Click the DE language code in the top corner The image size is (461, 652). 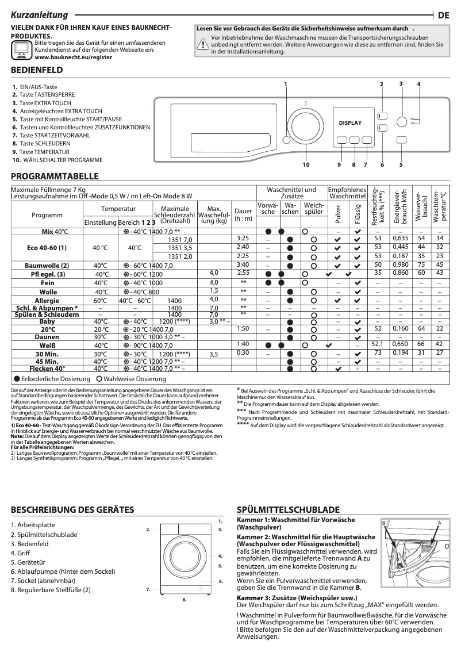(443, 16)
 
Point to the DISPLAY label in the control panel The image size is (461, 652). (350, 122)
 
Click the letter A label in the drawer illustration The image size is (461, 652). (439, 522)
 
